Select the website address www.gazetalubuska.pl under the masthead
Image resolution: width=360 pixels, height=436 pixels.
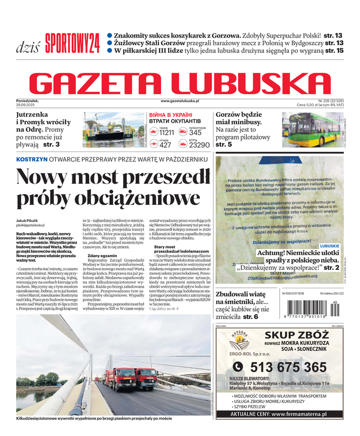[x=180, y=101]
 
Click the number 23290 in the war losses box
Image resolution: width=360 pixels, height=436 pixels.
[x=199, y=145]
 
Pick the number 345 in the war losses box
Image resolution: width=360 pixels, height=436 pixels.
[x=196, y=132]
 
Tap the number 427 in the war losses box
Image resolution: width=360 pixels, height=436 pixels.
[x=166, y=145]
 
